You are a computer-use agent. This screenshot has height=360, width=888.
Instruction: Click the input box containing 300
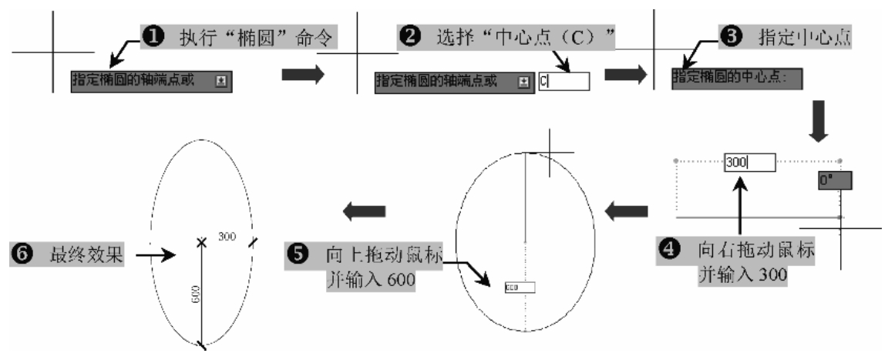(749, 163)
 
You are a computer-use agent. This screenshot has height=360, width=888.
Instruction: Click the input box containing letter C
(563, 80)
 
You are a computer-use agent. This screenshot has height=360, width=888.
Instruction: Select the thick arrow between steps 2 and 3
(626, 76)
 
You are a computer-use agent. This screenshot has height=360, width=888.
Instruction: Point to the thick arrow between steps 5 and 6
(364, 210)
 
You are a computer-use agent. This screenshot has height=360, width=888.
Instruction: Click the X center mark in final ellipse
(202, 242)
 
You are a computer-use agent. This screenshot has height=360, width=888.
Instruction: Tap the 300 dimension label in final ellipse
(226, 234)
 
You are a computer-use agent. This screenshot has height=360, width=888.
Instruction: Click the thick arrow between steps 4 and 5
(626, 208)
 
